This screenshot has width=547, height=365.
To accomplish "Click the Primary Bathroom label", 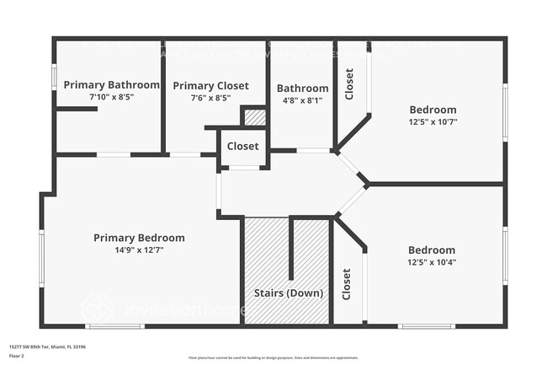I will [111, 84].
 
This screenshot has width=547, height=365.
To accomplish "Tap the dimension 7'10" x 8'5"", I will [111, 97].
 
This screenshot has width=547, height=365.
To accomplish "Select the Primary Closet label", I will [210, 85].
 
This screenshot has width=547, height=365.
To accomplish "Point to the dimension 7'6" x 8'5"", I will [210, 98].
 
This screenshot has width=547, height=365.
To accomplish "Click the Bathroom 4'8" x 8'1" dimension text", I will [302, 99].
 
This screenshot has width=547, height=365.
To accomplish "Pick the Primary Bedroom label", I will [139, 238].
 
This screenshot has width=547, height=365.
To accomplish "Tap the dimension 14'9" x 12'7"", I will [139, 250].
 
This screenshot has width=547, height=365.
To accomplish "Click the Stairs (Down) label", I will [287, 293].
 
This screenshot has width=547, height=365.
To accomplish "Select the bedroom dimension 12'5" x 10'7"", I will [433, 121].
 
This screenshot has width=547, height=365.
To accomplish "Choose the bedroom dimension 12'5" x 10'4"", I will [432, 262].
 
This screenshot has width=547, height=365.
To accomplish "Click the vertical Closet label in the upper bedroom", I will [349, 83].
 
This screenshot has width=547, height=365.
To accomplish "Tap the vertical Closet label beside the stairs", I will [346, 284].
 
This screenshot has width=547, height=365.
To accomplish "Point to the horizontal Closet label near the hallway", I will [242, 146].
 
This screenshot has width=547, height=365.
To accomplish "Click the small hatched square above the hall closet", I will [255, 117].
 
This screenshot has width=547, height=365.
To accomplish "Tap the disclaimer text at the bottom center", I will [273, 357].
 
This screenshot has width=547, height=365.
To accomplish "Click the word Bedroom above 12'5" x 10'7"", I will [433, 110].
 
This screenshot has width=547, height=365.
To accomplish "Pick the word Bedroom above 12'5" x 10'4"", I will [432, 250].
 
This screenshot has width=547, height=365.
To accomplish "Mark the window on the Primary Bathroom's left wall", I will [55, 77].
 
